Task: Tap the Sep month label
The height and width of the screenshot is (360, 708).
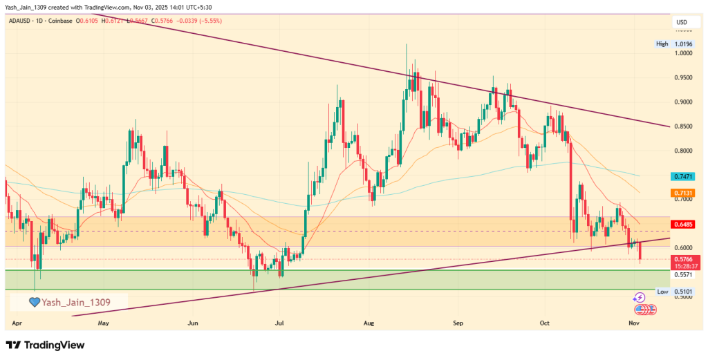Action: pos(457,323)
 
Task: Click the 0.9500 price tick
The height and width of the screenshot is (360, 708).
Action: pos(683,78)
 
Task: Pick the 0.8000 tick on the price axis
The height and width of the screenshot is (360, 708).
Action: pos(683,151)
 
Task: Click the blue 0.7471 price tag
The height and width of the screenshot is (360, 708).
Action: pos(684,177)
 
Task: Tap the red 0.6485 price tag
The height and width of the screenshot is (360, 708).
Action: pos(684,225)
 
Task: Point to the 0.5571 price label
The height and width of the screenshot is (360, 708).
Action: pos(683,274)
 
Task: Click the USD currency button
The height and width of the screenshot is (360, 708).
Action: pos(681,23)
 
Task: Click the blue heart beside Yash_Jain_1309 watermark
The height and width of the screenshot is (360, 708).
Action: pos(34,302)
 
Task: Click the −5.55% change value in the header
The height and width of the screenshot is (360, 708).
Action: pos(209,21)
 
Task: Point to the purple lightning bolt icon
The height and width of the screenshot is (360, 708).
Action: pos(639,297)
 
